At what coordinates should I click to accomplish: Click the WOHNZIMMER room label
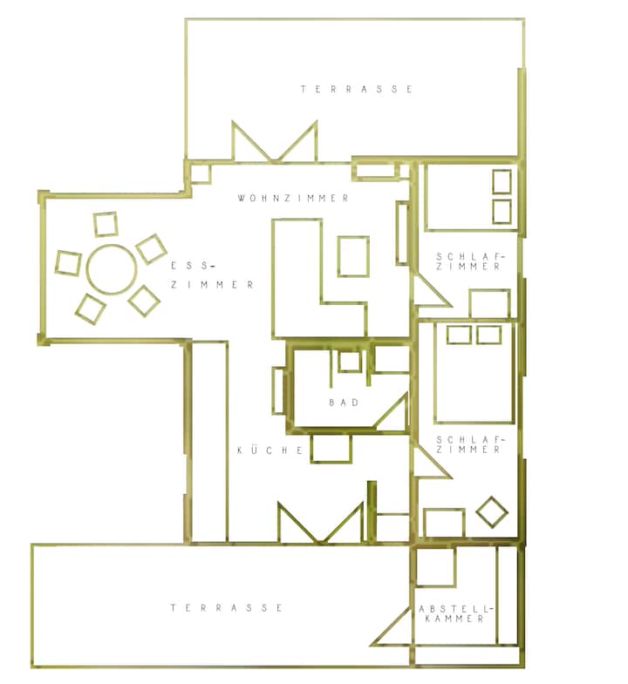(293, 199)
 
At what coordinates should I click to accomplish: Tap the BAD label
(345, 403)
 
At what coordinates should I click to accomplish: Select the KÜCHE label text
(270, 450)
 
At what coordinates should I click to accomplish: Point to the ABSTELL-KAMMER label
(455, 613)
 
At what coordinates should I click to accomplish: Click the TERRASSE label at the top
(357, 89)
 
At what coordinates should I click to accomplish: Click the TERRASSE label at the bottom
(226, 607)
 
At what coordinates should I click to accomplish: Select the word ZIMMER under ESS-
(212, 285)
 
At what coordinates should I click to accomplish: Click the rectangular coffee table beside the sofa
(353, 256)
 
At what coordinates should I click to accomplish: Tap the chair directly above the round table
(106, 224)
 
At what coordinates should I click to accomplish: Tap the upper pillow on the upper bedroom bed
(502, 181)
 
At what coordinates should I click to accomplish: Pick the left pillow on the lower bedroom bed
(459, 335)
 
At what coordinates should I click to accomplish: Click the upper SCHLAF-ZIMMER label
(469, 261)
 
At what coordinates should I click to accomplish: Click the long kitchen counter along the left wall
(209, 442)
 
